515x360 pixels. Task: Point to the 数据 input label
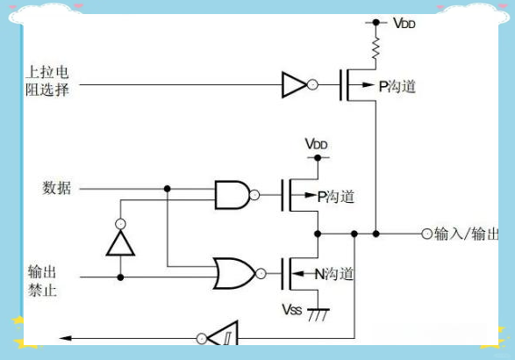[x=57, y=188]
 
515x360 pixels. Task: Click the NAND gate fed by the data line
[x=233, y=194]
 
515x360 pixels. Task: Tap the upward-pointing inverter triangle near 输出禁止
[x=120, y=241]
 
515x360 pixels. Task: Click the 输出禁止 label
[x=43, y=279]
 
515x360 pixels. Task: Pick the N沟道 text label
[x=334, y=275]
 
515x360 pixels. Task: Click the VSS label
[x=292, y=310]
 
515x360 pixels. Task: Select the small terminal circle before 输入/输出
[x=427, y=234]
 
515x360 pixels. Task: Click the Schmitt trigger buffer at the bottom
[x=224, y=337]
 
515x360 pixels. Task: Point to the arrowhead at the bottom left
[x=63, y=337]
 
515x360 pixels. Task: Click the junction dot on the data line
[x=167, y=188]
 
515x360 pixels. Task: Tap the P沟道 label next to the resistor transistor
[x=397, y=86]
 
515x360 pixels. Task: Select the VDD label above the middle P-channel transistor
[x=317, y=143]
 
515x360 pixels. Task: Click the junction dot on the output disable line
[x=120, y=277]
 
